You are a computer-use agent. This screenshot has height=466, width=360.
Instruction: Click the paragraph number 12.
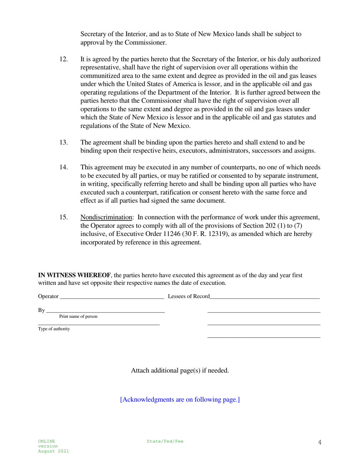point(64,59)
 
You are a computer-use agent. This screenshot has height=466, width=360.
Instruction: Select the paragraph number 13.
point(64,142)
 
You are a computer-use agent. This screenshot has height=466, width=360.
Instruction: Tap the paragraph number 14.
point(64,167)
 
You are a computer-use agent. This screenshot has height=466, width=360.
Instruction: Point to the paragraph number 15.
point(64,217)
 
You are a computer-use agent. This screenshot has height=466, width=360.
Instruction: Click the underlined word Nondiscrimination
point(106,217)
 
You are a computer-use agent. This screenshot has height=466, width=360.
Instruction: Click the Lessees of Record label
point(189,297)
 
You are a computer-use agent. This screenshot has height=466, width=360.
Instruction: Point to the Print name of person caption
point(78,317)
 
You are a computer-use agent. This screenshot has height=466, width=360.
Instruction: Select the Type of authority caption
point(54,329)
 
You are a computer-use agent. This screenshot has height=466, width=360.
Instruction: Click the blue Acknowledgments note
point(180,400)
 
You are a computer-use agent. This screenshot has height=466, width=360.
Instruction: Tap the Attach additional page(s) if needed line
point(180,371)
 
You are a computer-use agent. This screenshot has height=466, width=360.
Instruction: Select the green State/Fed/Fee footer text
point(165,441)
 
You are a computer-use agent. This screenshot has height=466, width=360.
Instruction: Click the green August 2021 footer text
point(53,452)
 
